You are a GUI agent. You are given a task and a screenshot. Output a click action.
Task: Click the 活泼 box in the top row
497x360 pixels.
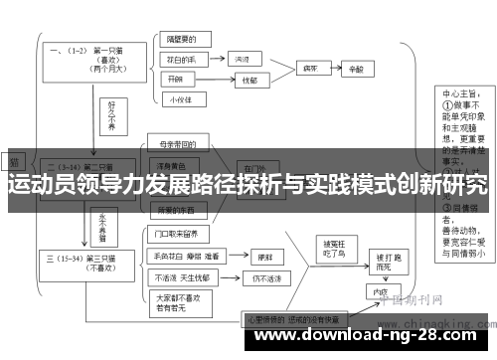[242, 60]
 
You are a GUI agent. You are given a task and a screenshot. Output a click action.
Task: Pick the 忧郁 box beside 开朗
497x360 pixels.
[248, 80]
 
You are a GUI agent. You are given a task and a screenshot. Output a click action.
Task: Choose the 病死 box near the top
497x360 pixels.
[309, 71]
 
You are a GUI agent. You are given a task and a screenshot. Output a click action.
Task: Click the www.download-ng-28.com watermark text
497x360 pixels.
[365, 339]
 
